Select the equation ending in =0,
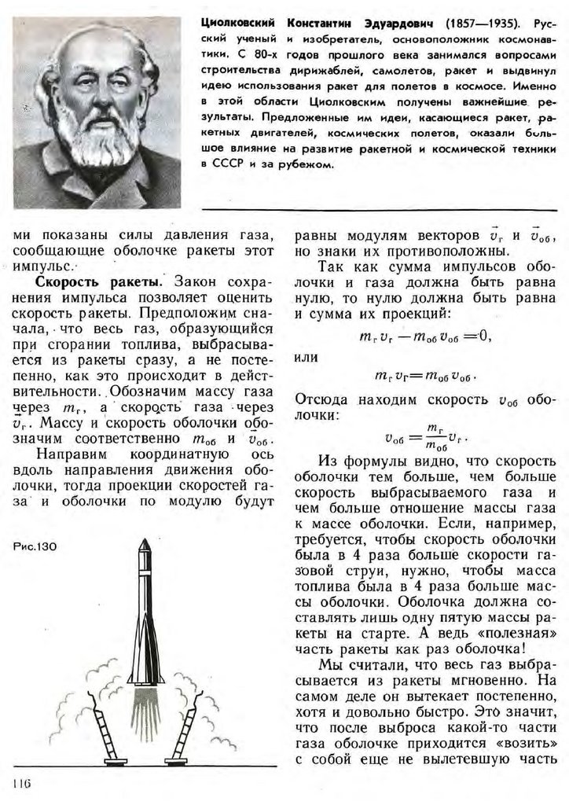coord(422,336)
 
